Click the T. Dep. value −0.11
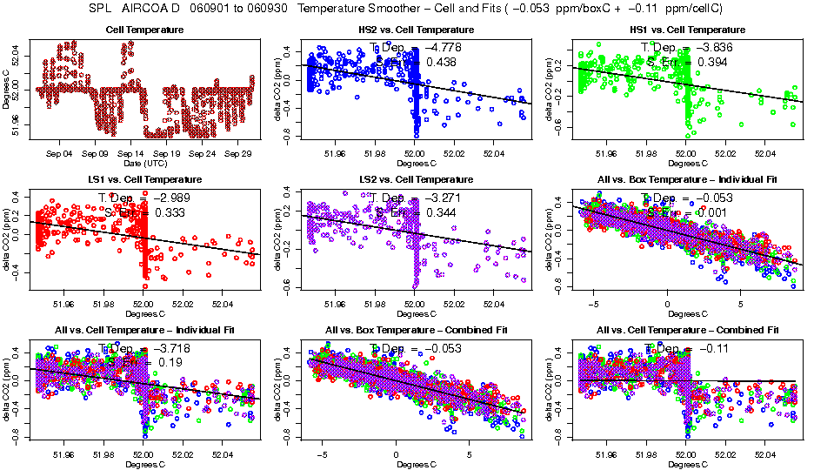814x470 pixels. click(x=713, y=348)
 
